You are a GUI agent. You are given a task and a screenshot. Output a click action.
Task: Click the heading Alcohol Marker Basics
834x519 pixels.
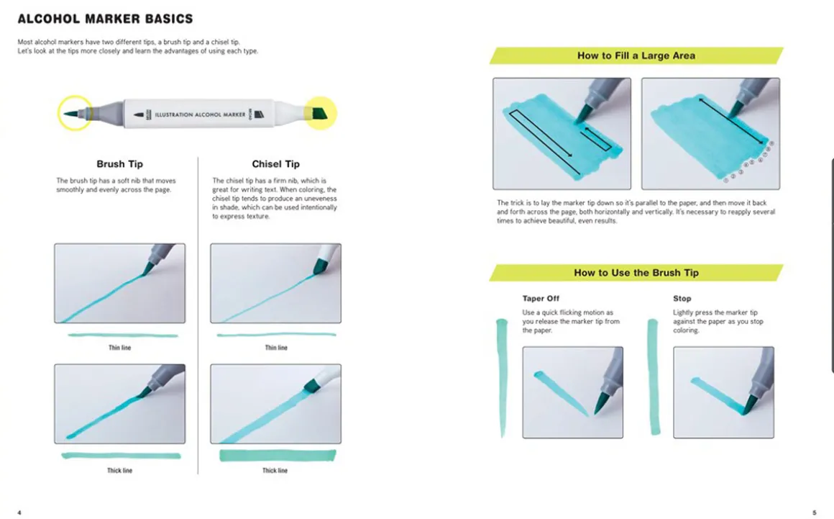coord(105,19)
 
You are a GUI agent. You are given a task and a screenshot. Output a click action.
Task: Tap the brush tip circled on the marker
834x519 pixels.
coord(72,114)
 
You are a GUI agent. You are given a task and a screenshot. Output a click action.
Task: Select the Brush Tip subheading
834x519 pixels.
coord(119,164)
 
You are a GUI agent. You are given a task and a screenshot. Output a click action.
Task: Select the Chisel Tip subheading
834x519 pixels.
coord(276,164)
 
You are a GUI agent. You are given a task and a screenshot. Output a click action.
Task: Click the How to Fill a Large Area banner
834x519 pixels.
coord(636,55)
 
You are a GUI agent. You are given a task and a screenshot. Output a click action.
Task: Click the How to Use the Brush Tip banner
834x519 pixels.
coord(636,273)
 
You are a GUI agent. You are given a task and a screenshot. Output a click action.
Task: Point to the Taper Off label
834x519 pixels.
coord(541,298)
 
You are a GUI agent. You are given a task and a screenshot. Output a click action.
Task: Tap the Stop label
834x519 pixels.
coord(682,298)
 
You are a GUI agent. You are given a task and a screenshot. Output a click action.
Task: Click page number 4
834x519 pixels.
coord(19,513)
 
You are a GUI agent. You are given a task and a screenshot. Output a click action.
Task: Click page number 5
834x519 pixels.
coord(815,513)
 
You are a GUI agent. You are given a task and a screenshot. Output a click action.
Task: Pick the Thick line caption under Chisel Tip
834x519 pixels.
coord(275,471)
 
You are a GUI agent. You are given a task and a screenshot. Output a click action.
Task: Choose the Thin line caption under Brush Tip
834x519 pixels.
coord(119,348)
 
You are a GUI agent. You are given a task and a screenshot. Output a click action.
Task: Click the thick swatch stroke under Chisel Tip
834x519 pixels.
coord(278,455)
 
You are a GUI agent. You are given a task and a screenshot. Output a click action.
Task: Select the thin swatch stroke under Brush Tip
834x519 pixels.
coord(122,335)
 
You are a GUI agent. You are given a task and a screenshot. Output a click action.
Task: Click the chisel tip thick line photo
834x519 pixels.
coord(275,403)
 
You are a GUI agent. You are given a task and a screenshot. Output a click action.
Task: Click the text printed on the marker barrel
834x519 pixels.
coord(191,114)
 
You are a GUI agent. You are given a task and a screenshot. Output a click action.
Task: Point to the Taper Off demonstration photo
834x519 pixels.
coord(572,392)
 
